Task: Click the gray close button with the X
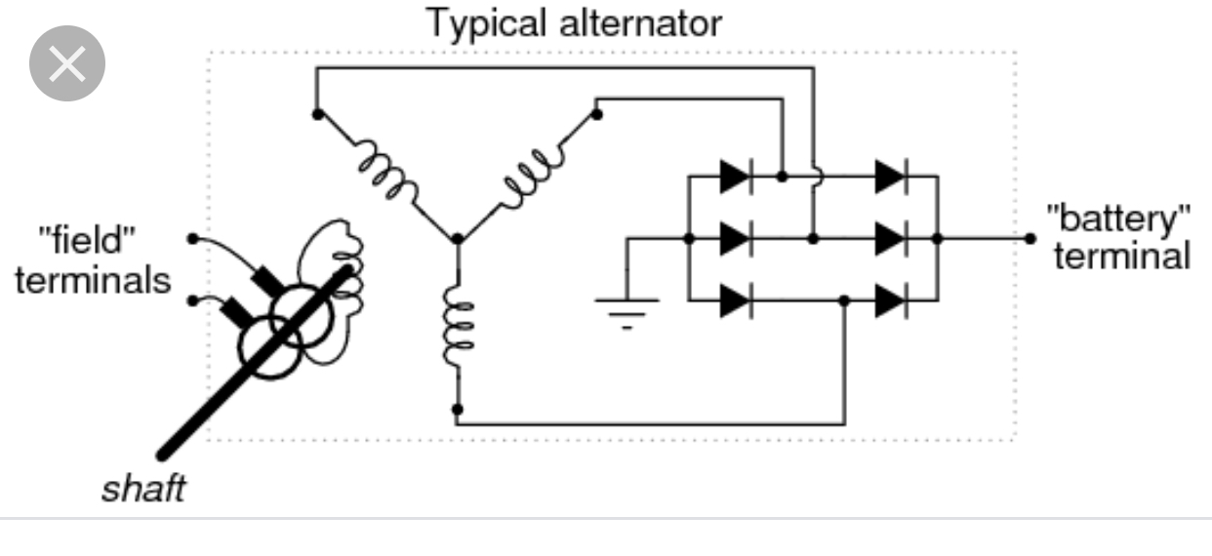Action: coord(67,63)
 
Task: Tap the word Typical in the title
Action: coord(486,23)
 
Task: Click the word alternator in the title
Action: coord(640,22)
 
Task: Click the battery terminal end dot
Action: coord(1030,239)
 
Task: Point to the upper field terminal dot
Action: coord(192,239)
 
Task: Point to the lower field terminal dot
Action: coord(192,300)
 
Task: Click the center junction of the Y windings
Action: coord(458,239)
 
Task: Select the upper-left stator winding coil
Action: coord(387,170)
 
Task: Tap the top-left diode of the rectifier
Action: coord(736,177)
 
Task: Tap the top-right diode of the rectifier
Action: coord(891,177)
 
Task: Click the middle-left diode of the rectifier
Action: coord(736,239)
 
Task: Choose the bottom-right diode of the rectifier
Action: coord(891,300)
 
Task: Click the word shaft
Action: coord(143,489)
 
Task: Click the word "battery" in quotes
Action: coord(1119,219)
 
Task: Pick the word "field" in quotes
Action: coord(87,239)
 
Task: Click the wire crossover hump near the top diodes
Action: coord(817,177)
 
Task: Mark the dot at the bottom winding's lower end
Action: coord(458,410)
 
